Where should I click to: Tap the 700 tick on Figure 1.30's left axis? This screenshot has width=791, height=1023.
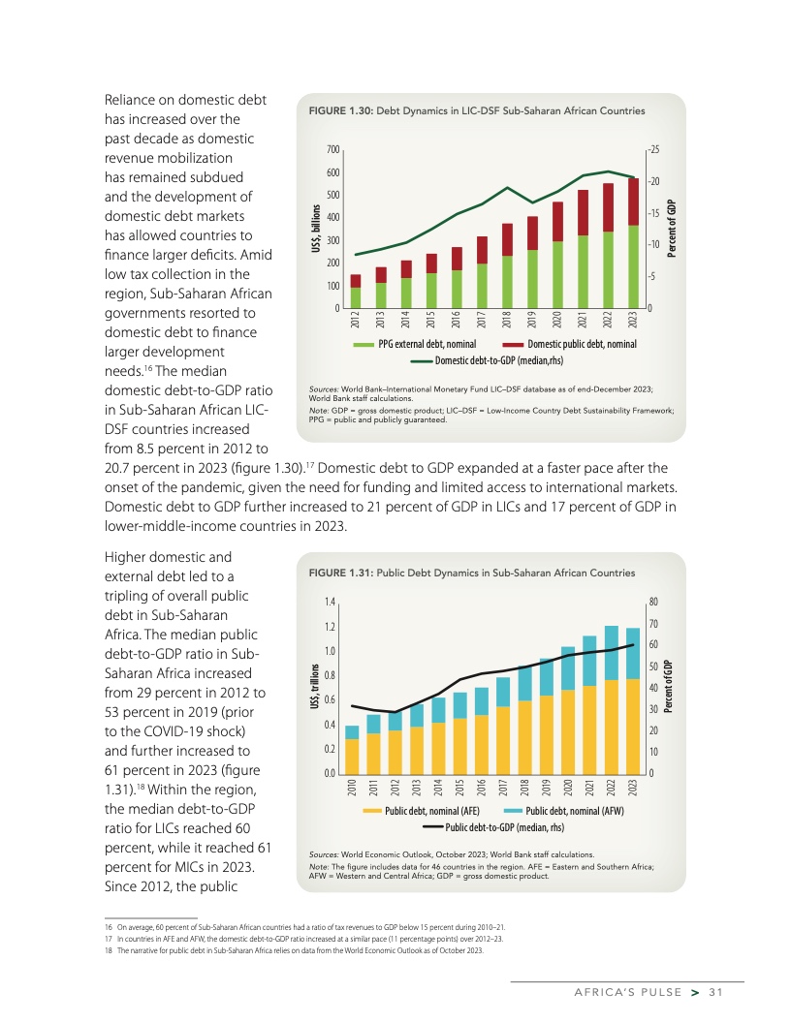[332, 150]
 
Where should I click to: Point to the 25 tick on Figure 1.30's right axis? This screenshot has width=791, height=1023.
[654, 150]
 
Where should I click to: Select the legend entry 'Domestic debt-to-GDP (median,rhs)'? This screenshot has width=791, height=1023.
[493, 360]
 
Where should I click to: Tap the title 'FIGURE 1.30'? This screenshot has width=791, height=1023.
[339, 110]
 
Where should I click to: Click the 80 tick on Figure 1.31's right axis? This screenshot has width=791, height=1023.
[653, 602]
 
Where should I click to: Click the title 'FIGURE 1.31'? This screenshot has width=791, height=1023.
[339, 573]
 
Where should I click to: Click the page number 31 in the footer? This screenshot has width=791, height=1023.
[716, 990]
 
